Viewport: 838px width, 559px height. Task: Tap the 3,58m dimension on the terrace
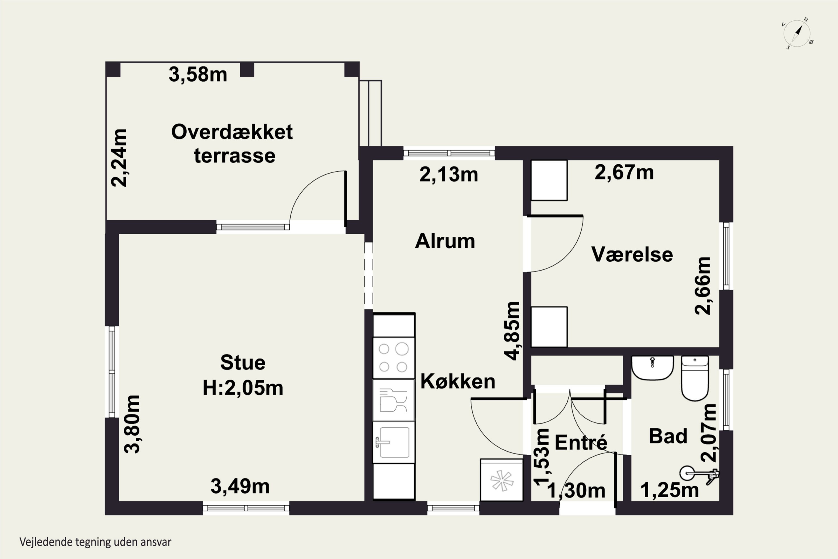tap(198, 75)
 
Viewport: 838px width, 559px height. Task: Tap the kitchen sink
tap(393, 442)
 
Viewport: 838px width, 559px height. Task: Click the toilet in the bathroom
tap(694, 378)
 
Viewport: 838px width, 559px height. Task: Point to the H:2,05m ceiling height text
tap(243, 388)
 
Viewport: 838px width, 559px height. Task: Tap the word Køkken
tap(458, 382)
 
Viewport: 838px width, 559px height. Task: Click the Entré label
tap(581, 442)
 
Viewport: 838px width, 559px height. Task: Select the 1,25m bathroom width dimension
tap(670, 490)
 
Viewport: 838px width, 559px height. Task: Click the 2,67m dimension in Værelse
tap(624, 172)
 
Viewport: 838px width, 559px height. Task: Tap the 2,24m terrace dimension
tap(119, 158)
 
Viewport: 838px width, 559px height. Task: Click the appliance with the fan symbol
tap(502, 480)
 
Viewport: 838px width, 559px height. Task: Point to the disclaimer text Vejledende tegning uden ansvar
tap(96, 542)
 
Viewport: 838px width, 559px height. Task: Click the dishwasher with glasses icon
tap(393, 400)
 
